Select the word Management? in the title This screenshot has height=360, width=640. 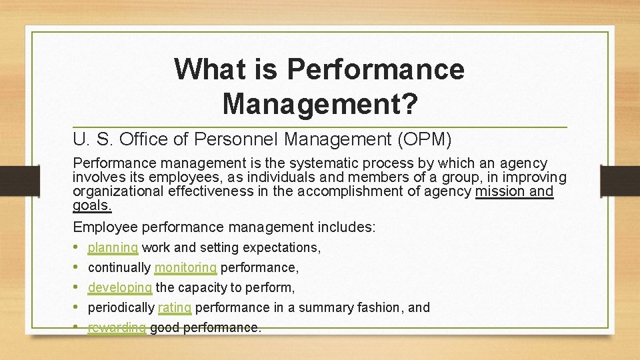point(320,103)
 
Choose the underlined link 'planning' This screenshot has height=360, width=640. point(113,248)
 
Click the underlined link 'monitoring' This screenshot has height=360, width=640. point(185,268)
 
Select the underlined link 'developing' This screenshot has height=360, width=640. point(120,288)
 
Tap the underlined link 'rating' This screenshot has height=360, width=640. point(175,308)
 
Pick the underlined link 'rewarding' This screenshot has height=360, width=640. point(117,328)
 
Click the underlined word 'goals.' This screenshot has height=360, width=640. point(92,205)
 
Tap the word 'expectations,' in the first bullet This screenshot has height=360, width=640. point(282,248)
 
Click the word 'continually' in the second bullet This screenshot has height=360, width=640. point(119,268)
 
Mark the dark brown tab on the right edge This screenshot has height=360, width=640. point(619,180)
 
